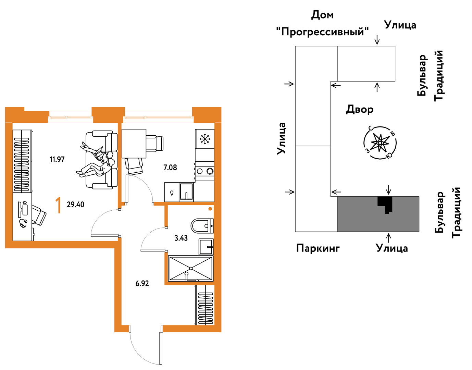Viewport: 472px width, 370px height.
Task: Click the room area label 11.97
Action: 57,159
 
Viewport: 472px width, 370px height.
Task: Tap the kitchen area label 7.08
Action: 170,168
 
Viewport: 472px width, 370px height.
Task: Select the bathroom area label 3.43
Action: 181,238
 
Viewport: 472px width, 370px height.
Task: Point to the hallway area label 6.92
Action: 142,284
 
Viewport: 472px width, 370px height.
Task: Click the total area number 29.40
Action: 76,205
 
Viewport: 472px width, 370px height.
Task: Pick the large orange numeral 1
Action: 58,206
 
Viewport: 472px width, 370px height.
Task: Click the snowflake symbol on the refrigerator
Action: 204,139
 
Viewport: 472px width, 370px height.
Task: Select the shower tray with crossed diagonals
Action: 191,269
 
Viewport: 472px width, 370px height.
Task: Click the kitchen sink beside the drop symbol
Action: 186,192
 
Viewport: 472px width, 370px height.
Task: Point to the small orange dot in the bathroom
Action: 210,209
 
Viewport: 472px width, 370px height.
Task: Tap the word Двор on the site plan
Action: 360,109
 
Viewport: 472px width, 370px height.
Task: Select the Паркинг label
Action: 318,248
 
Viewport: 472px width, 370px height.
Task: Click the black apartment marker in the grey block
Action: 385,205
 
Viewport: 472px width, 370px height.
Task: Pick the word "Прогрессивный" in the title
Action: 322,32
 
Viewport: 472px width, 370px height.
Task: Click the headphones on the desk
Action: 23,223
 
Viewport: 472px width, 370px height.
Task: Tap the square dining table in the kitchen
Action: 134,144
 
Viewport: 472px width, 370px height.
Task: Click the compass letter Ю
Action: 389,155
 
